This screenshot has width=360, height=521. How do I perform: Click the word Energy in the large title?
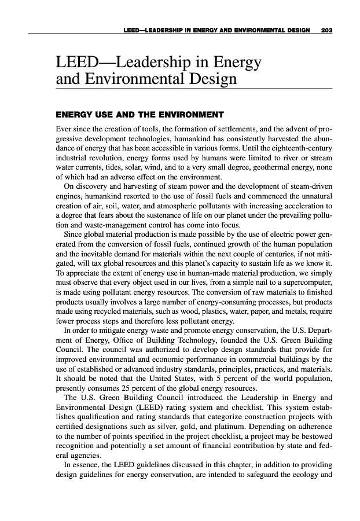[x=230, y=61]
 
